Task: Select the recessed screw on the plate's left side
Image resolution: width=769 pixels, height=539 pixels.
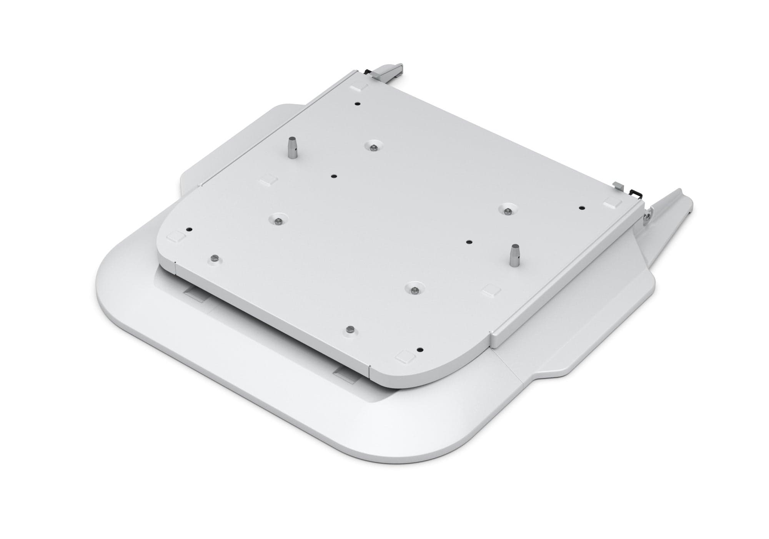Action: click(x=277, y=221)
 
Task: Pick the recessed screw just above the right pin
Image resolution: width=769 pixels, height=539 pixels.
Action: click(x=508, y=210)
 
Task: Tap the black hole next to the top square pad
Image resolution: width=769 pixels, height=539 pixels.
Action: click(x=358, y=104)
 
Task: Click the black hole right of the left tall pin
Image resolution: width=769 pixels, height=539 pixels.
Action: click(x=334, y=176)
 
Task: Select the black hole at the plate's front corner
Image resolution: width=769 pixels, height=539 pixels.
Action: click(x=420, y=350)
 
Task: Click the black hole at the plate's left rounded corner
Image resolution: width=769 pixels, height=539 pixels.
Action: click(x=188, y=229)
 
